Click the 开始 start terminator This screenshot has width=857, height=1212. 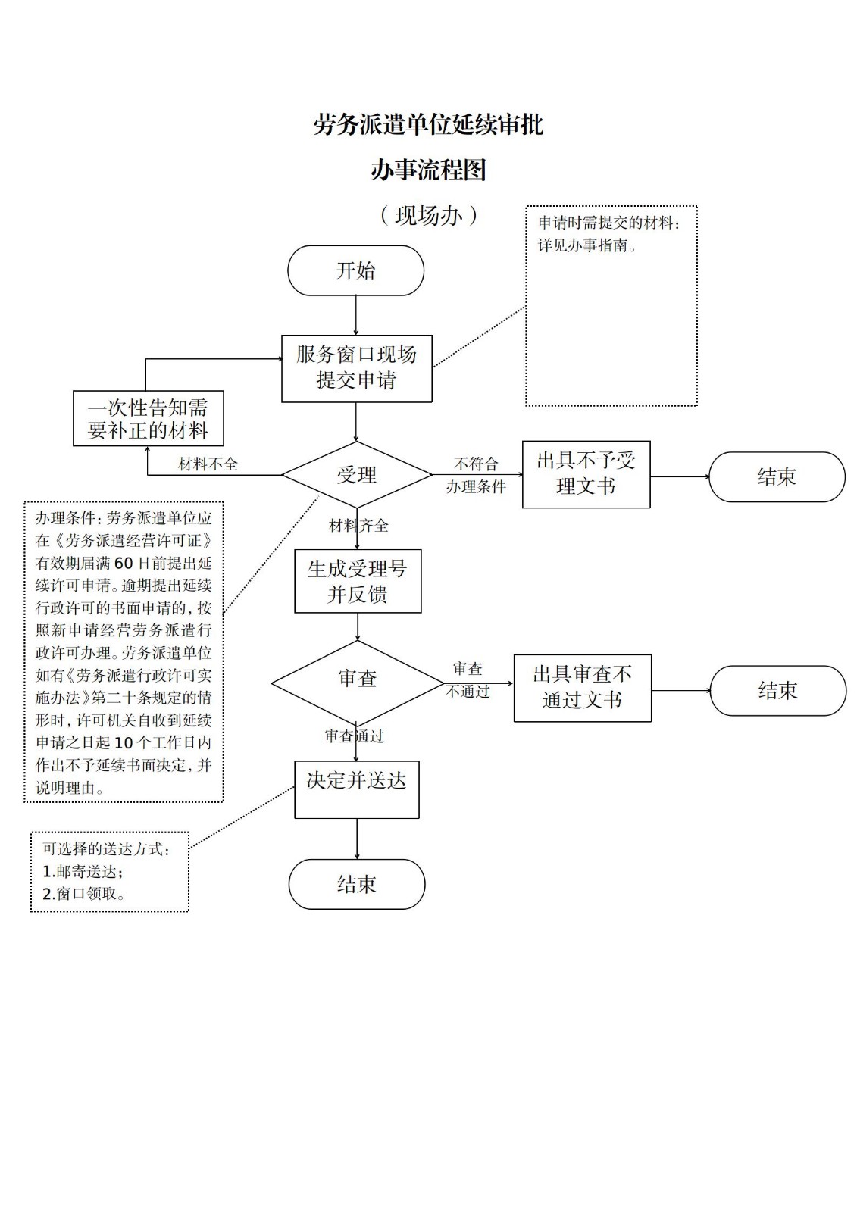[355, 270]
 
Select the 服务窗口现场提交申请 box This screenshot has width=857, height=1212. [356, 368]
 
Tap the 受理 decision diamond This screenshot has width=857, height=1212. [357, 475]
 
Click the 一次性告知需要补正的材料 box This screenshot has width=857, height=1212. [149, 418]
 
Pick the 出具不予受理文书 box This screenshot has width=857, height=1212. [586, 474]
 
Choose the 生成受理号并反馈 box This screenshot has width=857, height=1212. [358, 581]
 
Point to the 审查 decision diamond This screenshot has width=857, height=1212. [357, 679]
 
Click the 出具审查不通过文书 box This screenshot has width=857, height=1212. [582, 688]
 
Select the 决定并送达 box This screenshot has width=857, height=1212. [356, 789]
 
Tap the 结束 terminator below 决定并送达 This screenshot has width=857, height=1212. [357, 884]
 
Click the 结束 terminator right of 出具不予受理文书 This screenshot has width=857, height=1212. [777, 476]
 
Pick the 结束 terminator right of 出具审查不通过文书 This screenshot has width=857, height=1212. [777, 690]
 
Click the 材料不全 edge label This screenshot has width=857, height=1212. [208, 464]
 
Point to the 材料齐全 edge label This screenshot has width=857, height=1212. [358, 526]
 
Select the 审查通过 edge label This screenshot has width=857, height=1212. [355, 736]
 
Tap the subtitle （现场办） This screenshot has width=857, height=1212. [428, 216]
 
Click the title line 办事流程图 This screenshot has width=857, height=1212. [428, 170]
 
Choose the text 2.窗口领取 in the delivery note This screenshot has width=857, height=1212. [83, 894]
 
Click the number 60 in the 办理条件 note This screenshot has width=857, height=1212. [124, 563]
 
